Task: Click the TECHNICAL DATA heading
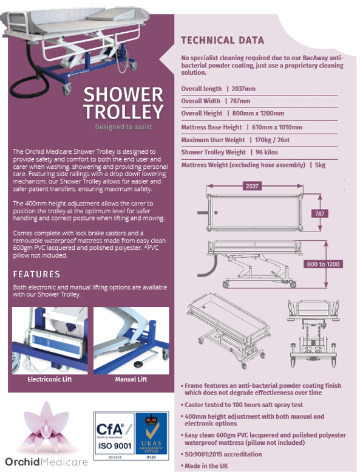(222, 40)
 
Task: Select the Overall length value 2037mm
(243, 89)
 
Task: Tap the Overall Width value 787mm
(240, 101)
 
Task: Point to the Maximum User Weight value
(272, 140)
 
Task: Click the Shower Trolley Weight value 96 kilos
(267, 153)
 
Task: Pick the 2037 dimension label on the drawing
(252, 186)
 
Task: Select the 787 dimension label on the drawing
(319, 214)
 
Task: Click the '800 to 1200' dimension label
(323, 264)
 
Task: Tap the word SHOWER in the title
(123, 95)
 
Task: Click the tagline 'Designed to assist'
(124, 127)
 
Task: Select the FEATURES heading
(36, 274)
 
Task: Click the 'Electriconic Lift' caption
(50, 379)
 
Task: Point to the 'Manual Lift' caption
(131, 379)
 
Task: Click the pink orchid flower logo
(46, 425)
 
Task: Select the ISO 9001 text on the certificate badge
(115, 445)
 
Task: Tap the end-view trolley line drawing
(313, 333)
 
